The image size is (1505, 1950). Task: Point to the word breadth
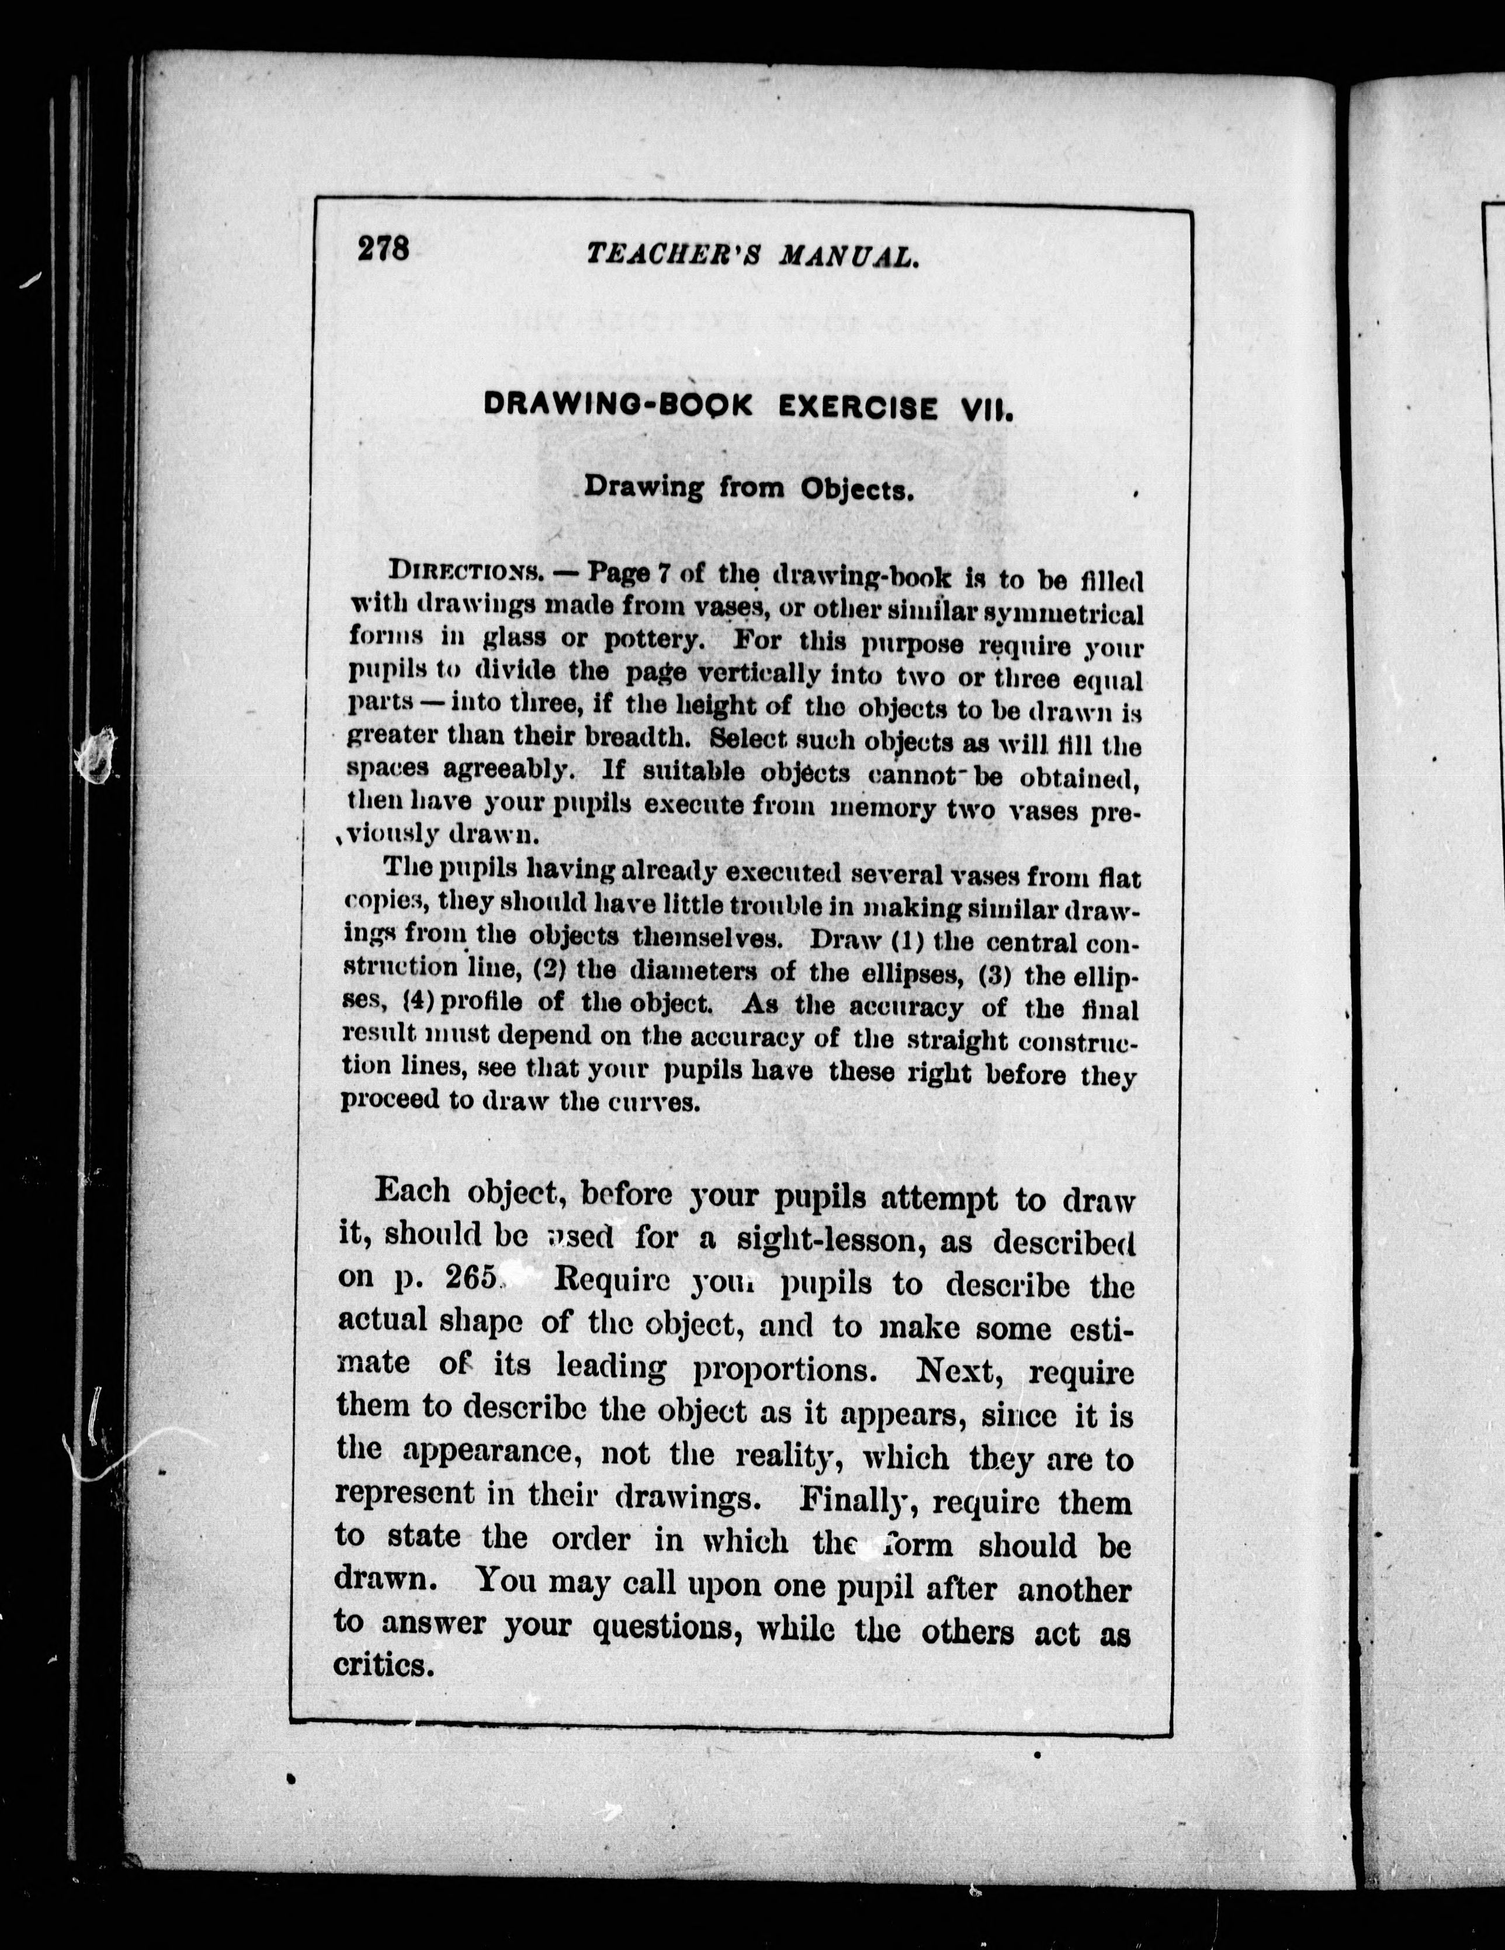(637, 738)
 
